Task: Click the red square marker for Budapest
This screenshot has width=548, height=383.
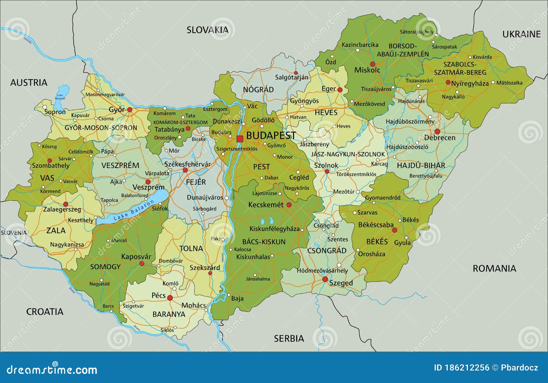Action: [x=240, y=139]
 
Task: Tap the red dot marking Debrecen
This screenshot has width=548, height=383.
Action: [x=437, y=131]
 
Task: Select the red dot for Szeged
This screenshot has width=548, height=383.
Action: [x=325, y=279]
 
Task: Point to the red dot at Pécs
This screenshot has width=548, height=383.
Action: [x=170, y=298]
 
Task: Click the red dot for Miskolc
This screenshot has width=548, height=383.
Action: [x=373, y=64]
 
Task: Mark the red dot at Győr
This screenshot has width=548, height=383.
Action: [x=130, y=110]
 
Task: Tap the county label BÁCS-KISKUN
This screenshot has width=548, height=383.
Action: [x=264, y=242]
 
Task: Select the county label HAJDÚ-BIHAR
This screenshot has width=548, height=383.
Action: [x=421, y=166]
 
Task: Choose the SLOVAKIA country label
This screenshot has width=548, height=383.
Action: [x=208, y=30]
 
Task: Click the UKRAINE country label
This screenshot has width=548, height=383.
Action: [x=521, y=34]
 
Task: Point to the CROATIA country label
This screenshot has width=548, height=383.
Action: [x=45, y=312]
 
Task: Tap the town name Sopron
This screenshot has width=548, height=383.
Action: [x=55, y=112]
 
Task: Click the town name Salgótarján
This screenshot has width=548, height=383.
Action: [x=292, y=77]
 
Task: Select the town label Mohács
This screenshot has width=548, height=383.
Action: [x=194, y=305]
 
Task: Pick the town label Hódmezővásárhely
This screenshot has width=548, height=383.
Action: [x=322, y=271]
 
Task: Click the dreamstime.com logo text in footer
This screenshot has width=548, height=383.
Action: [x=52, y=370]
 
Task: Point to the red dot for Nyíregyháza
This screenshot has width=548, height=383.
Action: [x=448, y=82]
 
